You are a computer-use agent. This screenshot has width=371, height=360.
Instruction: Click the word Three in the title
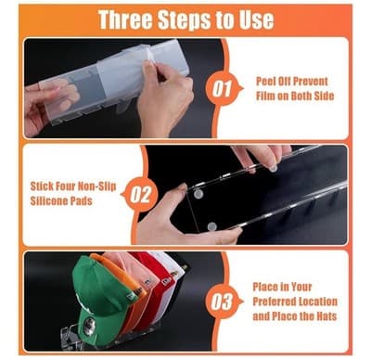pyautogui.click(x=125, y=19)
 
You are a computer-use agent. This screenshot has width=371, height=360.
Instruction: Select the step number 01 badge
pyautogui.click(x=222, y=89)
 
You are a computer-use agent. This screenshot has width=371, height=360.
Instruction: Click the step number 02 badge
pyautogui.click(x=139, y=195)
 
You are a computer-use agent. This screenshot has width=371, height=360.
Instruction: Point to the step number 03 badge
pyautogui.click(x=222, y=302)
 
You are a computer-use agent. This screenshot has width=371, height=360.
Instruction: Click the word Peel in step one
pyautogui.click(x=266, y=82)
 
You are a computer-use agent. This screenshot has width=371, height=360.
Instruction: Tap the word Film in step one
pyautogui.click(x=265, y=96)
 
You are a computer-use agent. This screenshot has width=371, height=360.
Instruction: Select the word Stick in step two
pyautogui.click(x=42, y=186)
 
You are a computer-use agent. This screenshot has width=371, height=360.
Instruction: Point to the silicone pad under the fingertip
pyautogui.click(x=273, y=169)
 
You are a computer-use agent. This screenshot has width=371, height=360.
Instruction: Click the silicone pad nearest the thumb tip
pyautogui.click(x=198, y=194)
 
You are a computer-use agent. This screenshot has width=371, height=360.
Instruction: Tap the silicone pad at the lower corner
pyautogui.click(x=212, y=226)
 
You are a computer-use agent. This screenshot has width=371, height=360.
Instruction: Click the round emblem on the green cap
pyautogui.click(x=90, y=326)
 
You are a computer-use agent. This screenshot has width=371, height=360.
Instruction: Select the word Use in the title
pyautogui.click(x=256, y=20)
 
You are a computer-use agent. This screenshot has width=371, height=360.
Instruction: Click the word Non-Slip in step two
pyautogui.click(x=96, y=186)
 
